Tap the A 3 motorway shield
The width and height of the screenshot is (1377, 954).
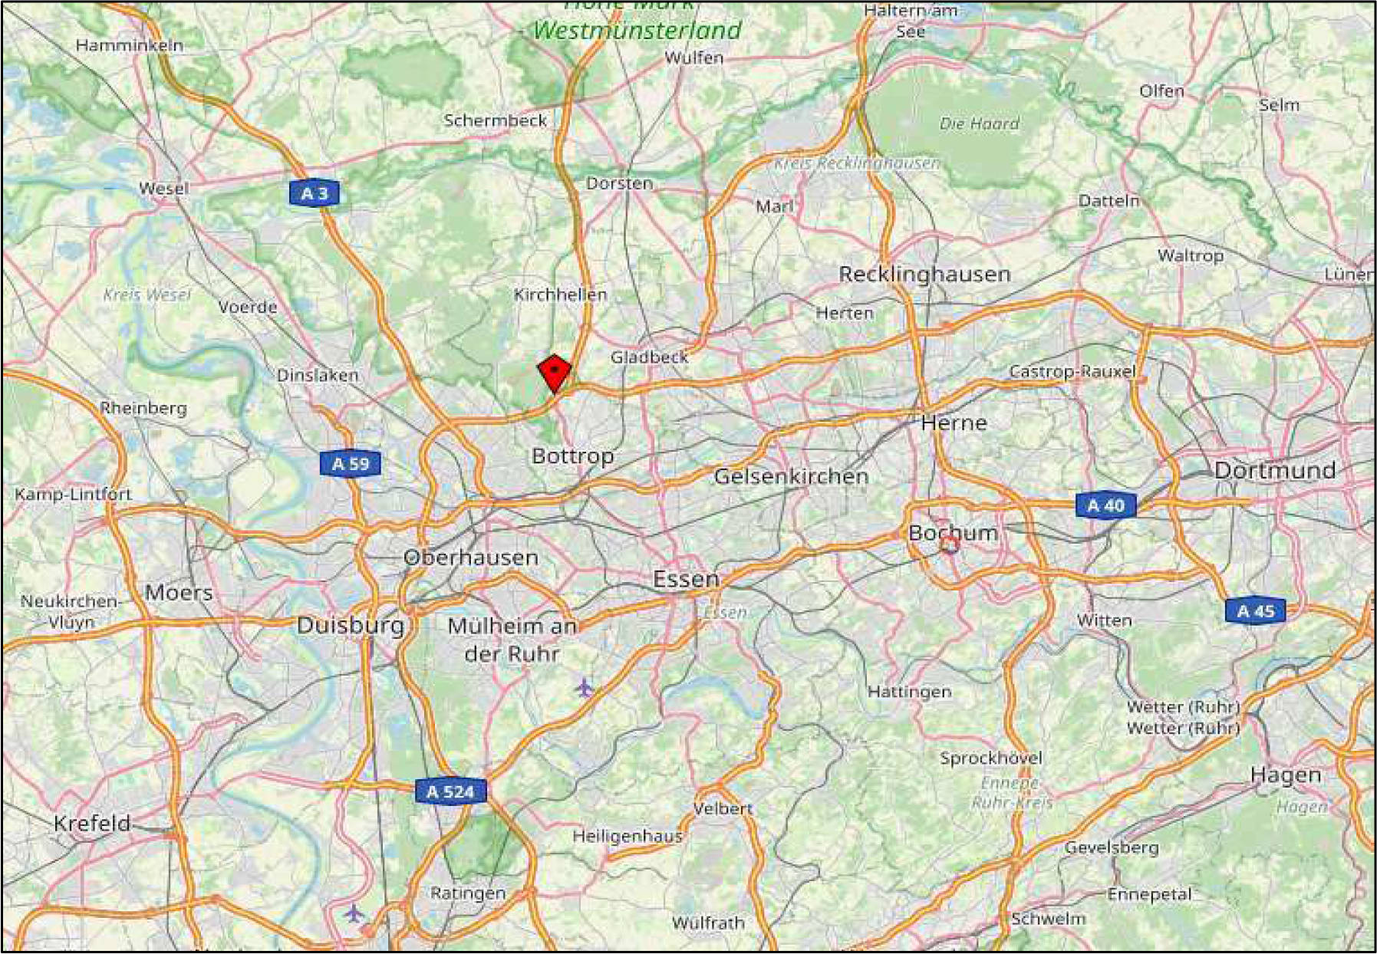315,193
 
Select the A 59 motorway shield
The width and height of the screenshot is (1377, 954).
350,464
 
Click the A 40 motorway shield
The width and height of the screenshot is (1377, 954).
1105,505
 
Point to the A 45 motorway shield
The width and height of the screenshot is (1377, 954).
1255,611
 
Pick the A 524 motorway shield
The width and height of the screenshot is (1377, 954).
450,791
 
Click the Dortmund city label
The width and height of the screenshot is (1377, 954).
1274,470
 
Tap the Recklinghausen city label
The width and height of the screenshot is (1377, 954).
924,274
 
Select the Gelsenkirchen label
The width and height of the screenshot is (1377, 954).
791,476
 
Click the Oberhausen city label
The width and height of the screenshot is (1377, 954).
471,558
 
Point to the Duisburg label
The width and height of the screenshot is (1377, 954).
351,625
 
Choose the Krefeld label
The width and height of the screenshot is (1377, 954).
92,823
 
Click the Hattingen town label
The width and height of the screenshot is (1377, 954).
909,692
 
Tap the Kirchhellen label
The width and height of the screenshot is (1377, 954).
560,294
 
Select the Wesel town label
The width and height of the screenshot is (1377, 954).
163,189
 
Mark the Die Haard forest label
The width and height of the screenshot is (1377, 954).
980,123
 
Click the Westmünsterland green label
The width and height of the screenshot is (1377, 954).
637,31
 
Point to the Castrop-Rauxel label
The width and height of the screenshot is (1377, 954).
1072,371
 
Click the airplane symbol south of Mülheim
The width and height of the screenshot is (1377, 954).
585,688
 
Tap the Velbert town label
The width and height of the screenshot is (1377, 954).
723,808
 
